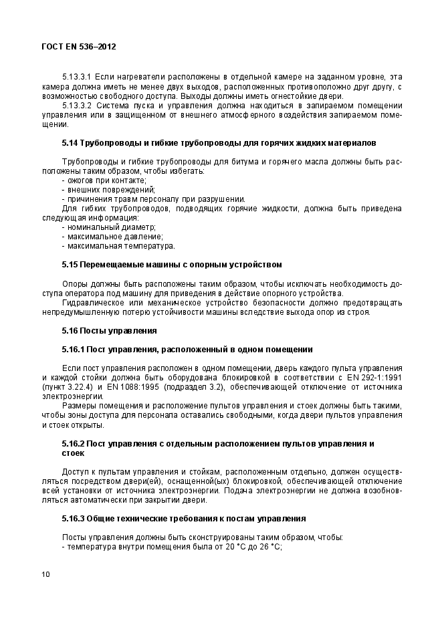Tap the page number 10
45,574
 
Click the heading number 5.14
70,143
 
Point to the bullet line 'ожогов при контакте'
104,180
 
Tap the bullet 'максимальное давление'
112,237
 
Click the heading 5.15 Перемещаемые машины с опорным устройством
171,265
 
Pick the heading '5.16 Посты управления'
109,330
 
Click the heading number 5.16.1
73,349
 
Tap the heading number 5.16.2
73,444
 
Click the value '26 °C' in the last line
271,546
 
